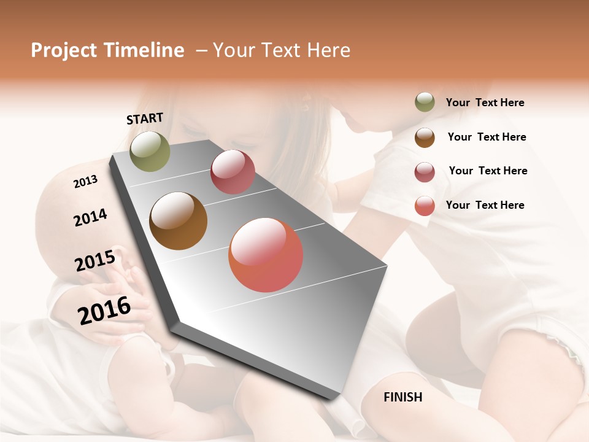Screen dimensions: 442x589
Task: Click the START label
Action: tap(145, 118)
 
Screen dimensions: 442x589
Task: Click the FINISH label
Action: tap(402, 397)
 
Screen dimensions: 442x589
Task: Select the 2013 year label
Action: tap(85, 182)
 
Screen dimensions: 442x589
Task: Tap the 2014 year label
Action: tap(90, 217)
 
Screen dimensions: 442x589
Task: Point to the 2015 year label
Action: tap(95, 261)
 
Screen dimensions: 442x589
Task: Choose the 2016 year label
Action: tap(104, 310)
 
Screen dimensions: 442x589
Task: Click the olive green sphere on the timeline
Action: tap(150, 151)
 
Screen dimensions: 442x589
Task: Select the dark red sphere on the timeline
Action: tap(233, 172)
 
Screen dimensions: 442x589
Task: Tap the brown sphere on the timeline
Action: tap(178, 221)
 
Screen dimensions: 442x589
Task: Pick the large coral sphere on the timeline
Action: tap(266, 255)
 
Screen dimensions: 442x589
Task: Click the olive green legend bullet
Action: tap(425, 102)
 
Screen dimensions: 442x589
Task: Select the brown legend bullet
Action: tap(425, 138)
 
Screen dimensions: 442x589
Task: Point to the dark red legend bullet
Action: tap(425, 172)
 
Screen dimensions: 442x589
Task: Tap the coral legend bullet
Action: tap(425, 206)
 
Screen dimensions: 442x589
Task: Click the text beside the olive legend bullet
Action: tap(485, 103)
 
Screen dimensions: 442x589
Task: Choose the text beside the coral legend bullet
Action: tap(485, 205)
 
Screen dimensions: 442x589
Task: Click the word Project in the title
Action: tap(64, 51)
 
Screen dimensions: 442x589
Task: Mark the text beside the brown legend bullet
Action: tap(487, 137)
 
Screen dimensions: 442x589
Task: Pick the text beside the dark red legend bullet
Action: tap(488, 171)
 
